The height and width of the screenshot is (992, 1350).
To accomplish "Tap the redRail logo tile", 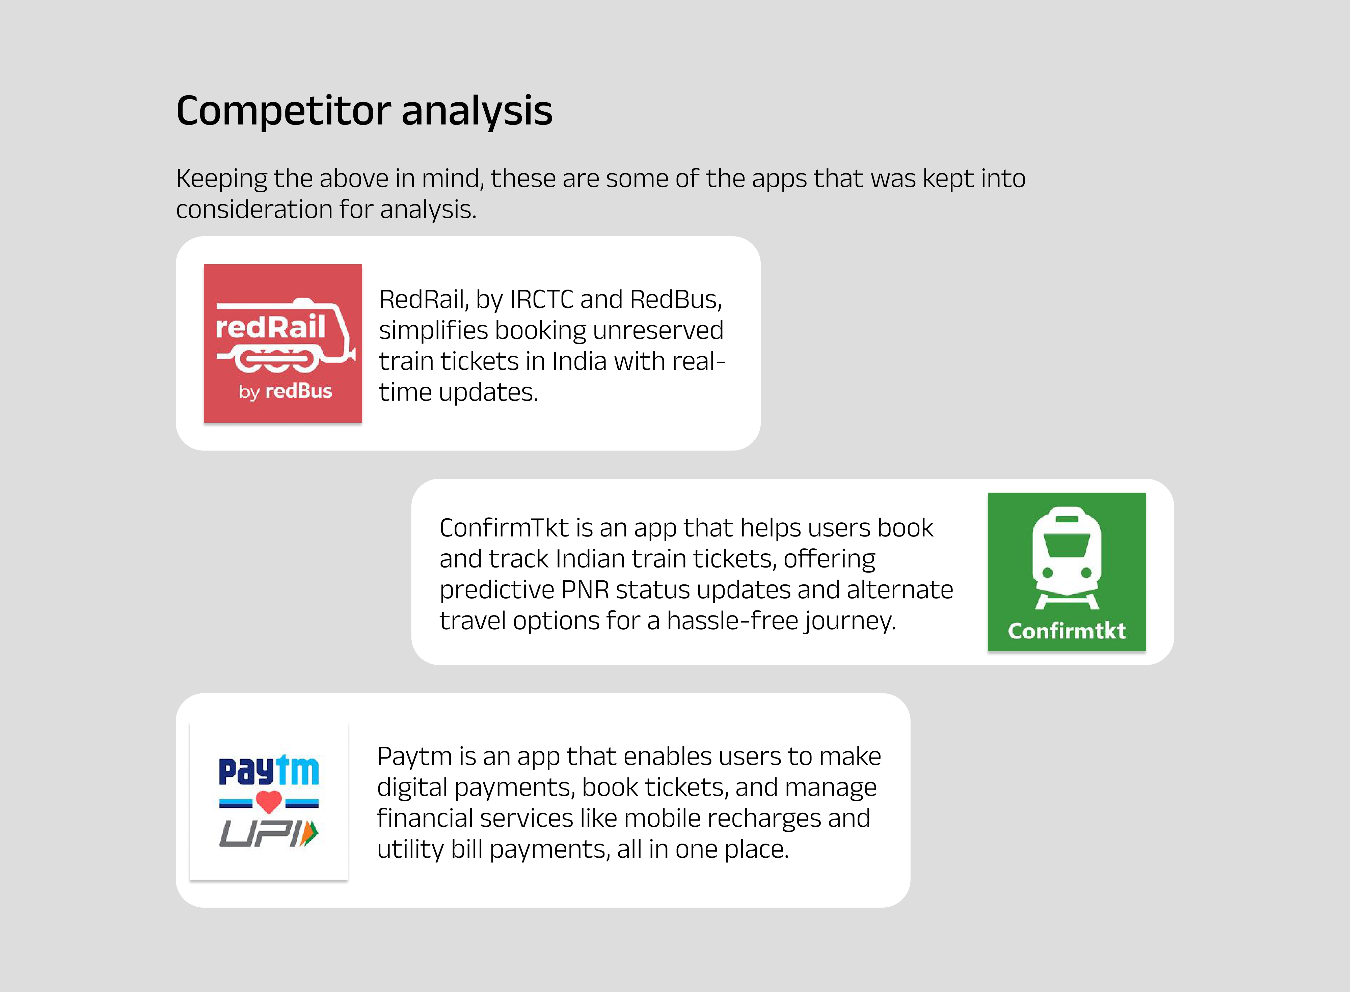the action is (x=283, y=343).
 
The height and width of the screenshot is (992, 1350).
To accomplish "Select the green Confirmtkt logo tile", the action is (x=1066, y=572).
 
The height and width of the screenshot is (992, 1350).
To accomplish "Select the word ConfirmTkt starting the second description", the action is (x=504, y=528).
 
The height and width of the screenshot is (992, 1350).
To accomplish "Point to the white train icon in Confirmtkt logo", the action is (x=1066, y=557).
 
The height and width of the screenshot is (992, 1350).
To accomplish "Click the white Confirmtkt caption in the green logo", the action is (x=1066, y=631).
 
